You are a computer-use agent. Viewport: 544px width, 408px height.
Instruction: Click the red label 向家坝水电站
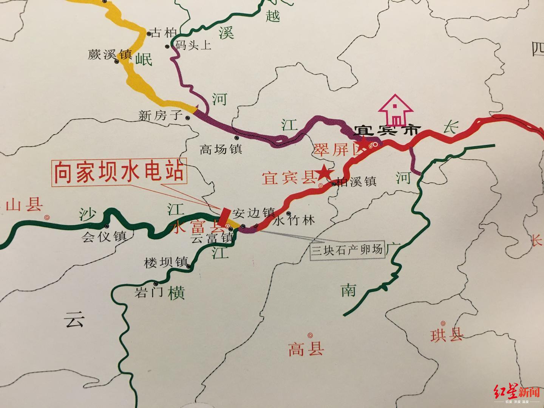click(119, 173)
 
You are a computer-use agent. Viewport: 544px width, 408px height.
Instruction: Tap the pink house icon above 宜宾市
click(396, 110)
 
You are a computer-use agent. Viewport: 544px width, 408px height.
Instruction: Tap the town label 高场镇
click(221, 150)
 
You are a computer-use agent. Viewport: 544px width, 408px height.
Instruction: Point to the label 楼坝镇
click(166, 263)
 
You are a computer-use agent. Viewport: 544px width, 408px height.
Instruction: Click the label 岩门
click(146, 293)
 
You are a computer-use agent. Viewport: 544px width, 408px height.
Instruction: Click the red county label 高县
click(306, 349)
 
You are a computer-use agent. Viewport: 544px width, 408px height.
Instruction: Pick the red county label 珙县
click(447, 335)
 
